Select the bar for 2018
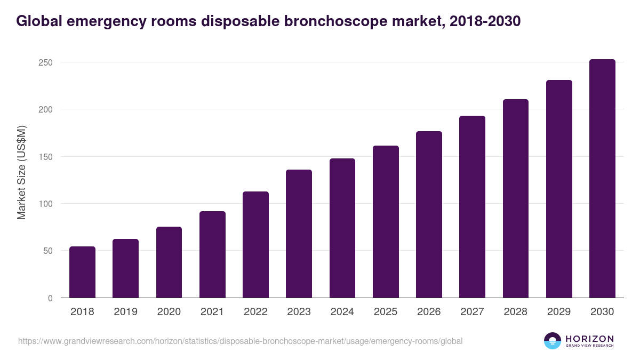point(82,272)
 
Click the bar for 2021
point(212,254)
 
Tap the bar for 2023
point(299,234)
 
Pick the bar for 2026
point(429,214)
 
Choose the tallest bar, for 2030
point(602,179)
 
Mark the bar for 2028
point(515,198)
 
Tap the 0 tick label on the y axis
point(50,298)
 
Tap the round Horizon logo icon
point(553,341)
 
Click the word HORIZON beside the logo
point(589,339)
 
